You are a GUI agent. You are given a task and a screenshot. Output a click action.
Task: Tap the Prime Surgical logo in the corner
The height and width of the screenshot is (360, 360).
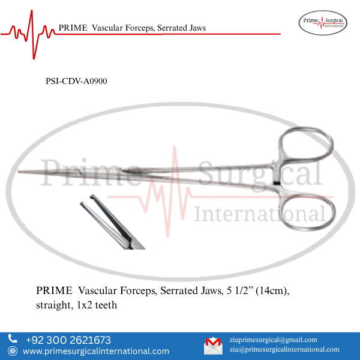pyautogui.click(x=322, y=23)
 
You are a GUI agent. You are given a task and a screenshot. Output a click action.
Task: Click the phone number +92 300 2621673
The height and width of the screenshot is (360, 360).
pyautogui.click(x=68, y=340)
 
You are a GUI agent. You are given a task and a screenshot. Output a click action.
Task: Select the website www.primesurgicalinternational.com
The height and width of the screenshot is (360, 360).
pyautogui.click(x=96, y=351)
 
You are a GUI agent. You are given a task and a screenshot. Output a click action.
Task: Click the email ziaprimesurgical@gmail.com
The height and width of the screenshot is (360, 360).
pyautogui.click(x=274, y=340)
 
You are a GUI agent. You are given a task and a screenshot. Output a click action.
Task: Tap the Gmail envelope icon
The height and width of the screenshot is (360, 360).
pyautogui.click(x=213, y=345)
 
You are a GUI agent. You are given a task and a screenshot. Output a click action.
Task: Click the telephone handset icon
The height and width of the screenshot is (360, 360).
pyautogui.click(x=13, y=340)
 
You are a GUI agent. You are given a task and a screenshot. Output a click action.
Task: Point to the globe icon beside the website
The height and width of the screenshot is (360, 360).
pyautogui.click(x=13, y=351)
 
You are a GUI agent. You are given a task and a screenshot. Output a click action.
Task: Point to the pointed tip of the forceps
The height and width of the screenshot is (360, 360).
pyautogui.click(x=20, y=173)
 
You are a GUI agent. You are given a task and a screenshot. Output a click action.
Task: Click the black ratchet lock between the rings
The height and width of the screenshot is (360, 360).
pyautogui.click(x=276, y=182)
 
